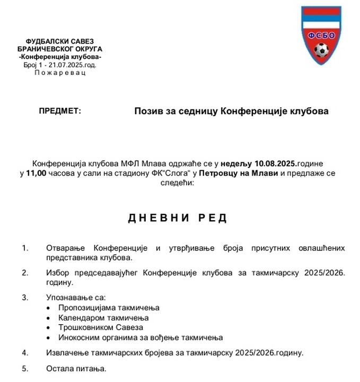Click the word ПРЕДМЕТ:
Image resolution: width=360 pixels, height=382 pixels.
pos(60,111)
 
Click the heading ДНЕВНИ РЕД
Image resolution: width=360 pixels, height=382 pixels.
pos(178,218)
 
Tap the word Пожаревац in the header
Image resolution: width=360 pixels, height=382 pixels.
pos(60,72)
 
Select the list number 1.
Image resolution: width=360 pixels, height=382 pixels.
pos(25,248)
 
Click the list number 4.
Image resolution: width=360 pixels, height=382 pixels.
pos(25,352)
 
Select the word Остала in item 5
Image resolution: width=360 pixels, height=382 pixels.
pos(59,368)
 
